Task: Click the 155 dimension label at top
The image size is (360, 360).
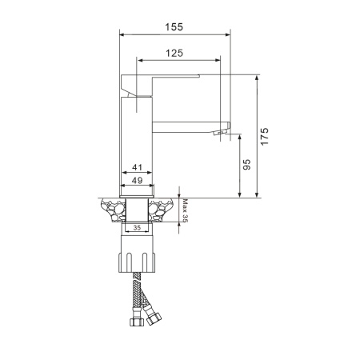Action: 174,26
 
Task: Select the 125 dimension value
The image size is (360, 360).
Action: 176,53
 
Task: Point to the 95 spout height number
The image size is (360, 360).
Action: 247,165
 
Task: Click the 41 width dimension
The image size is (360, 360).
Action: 137,167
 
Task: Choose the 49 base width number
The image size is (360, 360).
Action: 137,181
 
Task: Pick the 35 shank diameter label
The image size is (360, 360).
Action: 137,228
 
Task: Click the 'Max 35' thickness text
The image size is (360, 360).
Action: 186,210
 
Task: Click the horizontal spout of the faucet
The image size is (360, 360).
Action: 188,124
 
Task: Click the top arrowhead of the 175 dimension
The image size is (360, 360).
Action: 258,78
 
